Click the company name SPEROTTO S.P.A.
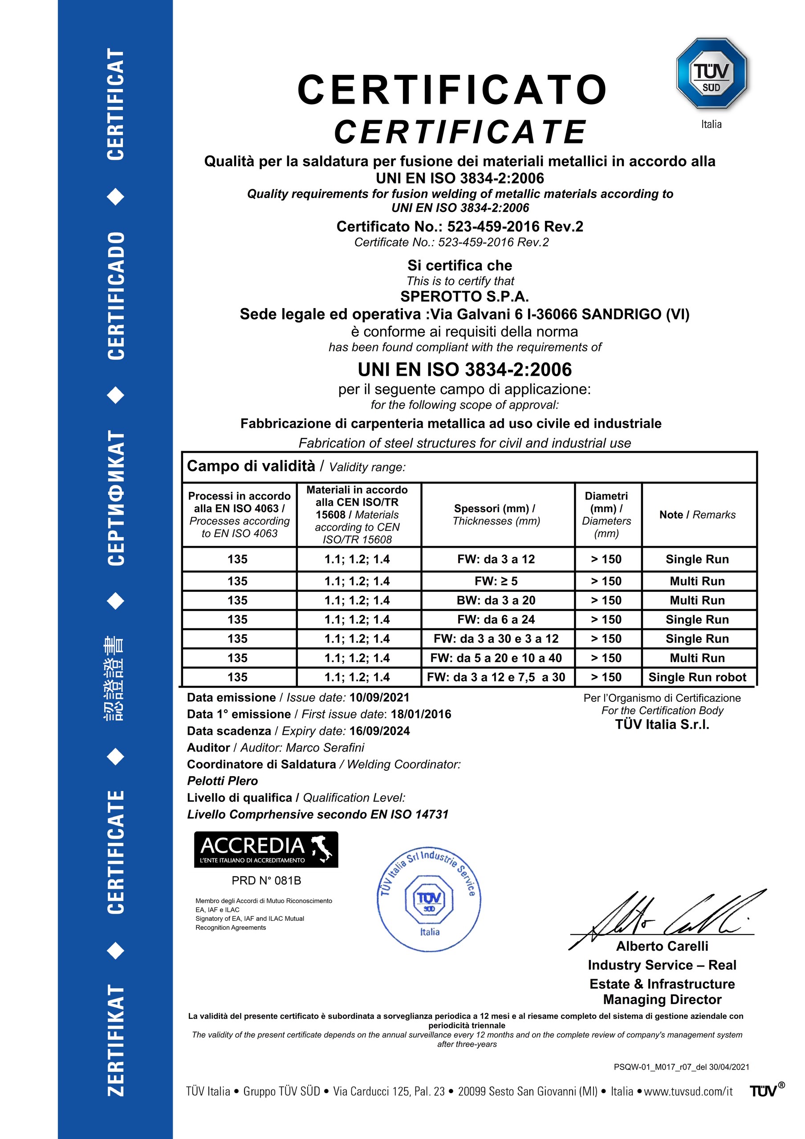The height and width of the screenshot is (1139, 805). [464, 296]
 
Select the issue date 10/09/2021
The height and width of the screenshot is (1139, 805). [379, 697]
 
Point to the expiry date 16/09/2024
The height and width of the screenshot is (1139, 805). [379, 731]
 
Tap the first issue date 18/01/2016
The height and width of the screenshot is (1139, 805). [421, 714]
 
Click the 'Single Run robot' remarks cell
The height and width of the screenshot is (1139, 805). [697, 677]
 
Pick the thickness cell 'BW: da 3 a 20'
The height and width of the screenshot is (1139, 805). [496, 600]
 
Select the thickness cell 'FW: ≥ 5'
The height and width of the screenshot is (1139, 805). [496, 581]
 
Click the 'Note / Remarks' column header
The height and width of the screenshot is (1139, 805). [697, 515]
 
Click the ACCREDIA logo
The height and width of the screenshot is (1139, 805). [266, 850]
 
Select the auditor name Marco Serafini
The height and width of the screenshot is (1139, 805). [325, 748]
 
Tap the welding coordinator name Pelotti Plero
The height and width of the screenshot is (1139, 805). [222, 781]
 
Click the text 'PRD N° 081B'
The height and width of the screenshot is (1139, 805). [266, 881]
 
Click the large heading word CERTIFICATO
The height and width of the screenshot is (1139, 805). [452, 90]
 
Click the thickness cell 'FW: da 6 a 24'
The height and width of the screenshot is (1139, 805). [496, 620]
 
